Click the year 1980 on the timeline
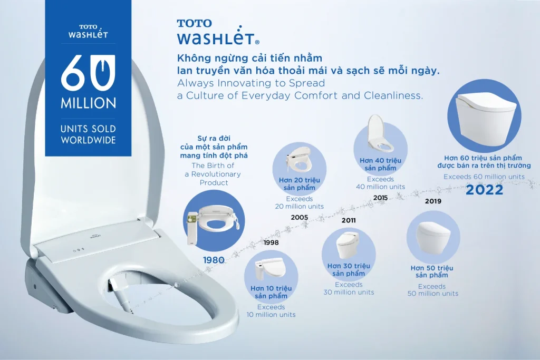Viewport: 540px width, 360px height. coord(214,260)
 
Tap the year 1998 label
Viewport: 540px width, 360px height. coord(271,242)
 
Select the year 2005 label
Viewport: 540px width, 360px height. coord(300,217)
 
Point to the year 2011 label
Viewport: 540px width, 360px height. coord(349,220)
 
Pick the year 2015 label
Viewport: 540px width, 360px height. coord(381,198)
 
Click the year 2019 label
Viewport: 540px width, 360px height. coord(433,201)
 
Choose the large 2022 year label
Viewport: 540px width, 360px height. coord(484,190)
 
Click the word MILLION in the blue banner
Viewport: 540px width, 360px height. coord(89,103)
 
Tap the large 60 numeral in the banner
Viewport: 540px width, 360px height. coord(88,73)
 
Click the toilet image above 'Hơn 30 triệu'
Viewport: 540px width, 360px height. coord(348,245)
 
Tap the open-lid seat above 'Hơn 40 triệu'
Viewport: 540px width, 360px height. coord(380,134)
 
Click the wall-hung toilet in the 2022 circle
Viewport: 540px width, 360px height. coord(486,115)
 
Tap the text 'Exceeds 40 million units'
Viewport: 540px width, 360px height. coord(381,183)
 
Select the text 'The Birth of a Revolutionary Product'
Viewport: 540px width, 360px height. coord(214,174)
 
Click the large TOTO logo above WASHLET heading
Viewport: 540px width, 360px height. coord(194,23)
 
